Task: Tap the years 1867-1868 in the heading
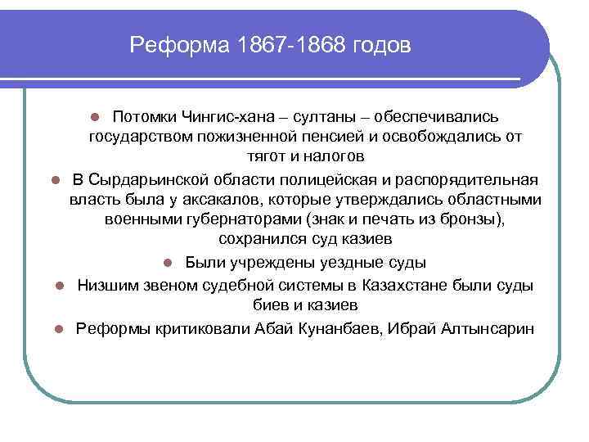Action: coord(290,46)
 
